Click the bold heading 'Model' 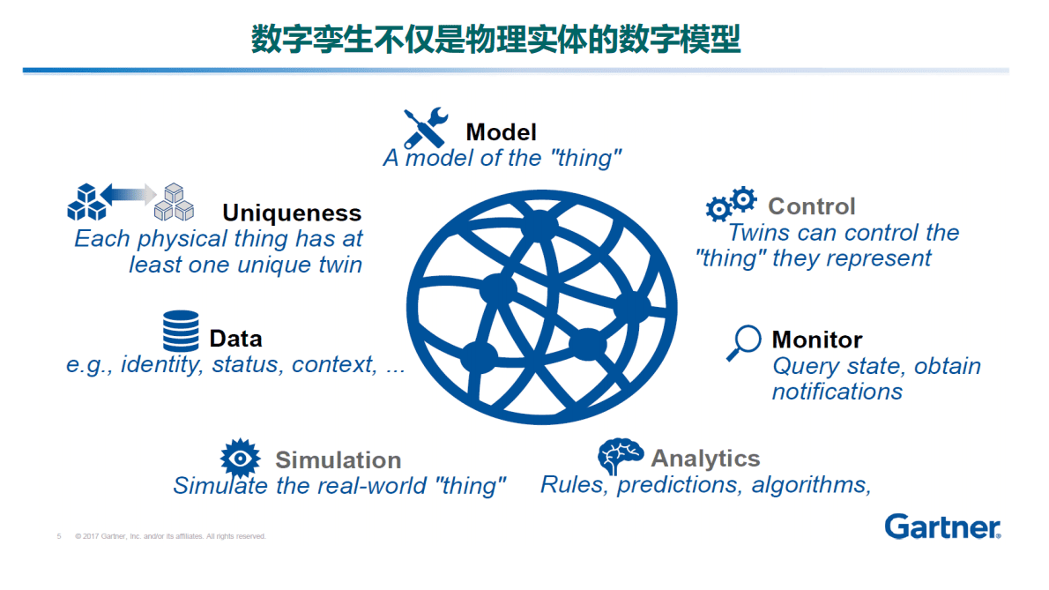pos(501,132)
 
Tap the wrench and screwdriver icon pos(426,129)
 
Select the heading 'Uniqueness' pos(292,213)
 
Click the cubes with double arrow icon pos(130,202)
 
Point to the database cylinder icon pos(181,332)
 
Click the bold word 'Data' pos(235,339)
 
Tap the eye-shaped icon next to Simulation pos(240,458)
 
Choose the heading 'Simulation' pos(338,460)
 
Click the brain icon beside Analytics pos(621,456)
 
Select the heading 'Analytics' pos(705,459)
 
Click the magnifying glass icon pos(744,342)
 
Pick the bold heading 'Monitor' pos(816,340)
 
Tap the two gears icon pos(732,204)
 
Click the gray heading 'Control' pos(811,206)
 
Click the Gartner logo pos(942,527)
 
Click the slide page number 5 pos(59,536)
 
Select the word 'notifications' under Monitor pos(837,392)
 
